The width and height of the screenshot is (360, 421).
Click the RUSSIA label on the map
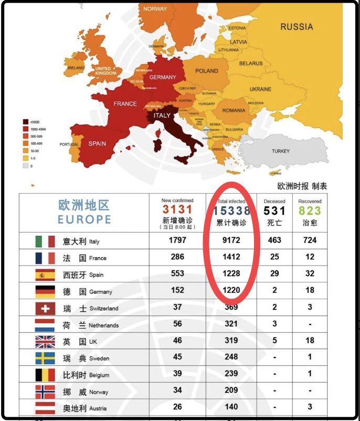(296, 27)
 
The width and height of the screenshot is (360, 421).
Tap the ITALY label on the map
(162, 115)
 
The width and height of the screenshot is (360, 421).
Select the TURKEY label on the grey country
(280, 151)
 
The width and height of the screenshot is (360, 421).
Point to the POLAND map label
(206, 71)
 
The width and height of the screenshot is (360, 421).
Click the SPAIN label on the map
(97, 143)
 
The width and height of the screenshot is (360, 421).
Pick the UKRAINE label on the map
(260, 89)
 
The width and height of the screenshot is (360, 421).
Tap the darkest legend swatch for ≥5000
(25, 122)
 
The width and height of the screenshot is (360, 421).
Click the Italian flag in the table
(45, 241)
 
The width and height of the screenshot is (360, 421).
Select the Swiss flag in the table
(45, 308)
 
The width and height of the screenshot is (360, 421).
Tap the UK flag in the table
(45, 342)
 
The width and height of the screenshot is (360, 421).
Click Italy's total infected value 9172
(230, 240)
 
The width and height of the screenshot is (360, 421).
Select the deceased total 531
(274, 211)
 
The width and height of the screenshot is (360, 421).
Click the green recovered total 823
(310, 211)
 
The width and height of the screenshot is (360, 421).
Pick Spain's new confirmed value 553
(177, 273)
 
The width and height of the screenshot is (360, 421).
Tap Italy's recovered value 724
(310, 240)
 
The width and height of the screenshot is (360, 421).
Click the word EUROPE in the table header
(84, 219)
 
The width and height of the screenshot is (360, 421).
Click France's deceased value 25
(274, 257)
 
